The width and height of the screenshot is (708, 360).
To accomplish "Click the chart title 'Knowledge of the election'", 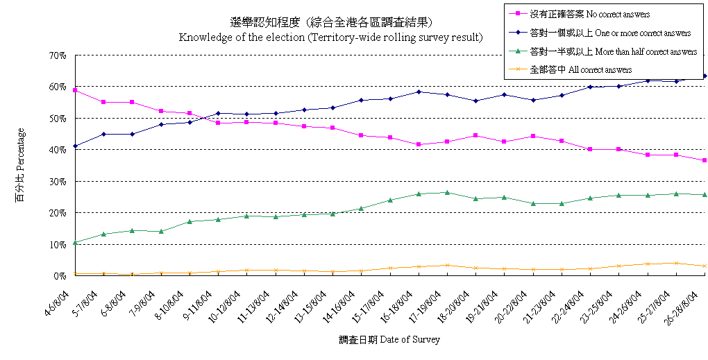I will click(x=330, y=37).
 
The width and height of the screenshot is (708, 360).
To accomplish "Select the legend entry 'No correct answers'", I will click(x=590, y=14).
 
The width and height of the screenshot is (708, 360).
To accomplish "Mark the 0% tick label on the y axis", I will click(x=60, y=276).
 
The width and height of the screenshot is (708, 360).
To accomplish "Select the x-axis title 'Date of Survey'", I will click(x=389, y=340).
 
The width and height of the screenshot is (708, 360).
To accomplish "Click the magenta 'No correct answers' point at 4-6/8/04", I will click(x=74, y=90).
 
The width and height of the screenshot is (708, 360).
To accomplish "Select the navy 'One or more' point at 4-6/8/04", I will click(x=74, y=146).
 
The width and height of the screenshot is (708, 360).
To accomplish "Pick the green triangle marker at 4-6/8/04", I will click(x=74, y=242).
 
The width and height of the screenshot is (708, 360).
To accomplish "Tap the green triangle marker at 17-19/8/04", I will click(x=447, y=192).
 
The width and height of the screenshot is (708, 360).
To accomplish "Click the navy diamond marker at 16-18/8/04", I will click(x=419, y=92).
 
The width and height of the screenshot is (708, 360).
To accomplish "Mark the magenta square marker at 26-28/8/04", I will click(x=705, y=160).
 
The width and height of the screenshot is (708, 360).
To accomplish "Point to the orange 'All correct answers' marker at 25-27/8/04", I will click(x=676, y=263).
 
